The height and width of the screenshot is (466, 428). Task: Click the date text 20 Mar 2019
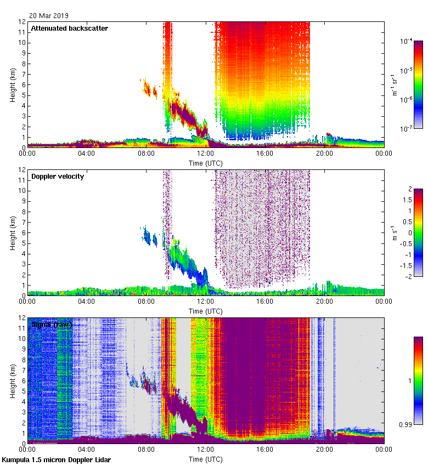click(49, 16)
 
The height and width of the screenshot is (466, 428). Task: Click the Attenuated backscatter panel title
click(69, 28)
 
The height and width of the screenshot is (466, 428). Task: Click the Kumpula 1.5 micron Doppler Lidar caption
click(57, 460)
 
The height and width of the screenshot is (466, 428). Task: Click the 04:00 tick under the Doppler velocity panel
click(87, 302)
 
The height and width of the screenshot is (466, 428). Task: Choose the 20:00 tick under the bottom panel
click(324, 450)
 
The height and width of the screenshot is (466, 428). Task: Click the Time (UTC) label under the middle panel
click(205, 311)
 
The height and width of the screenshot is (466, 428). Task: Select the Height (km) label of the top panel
click(13, 84)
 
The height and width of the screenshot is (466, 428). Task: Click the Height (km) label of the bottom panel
click(13, 380)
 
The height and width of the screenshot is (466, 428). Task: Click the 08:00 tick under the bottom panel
click(146, 450)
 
